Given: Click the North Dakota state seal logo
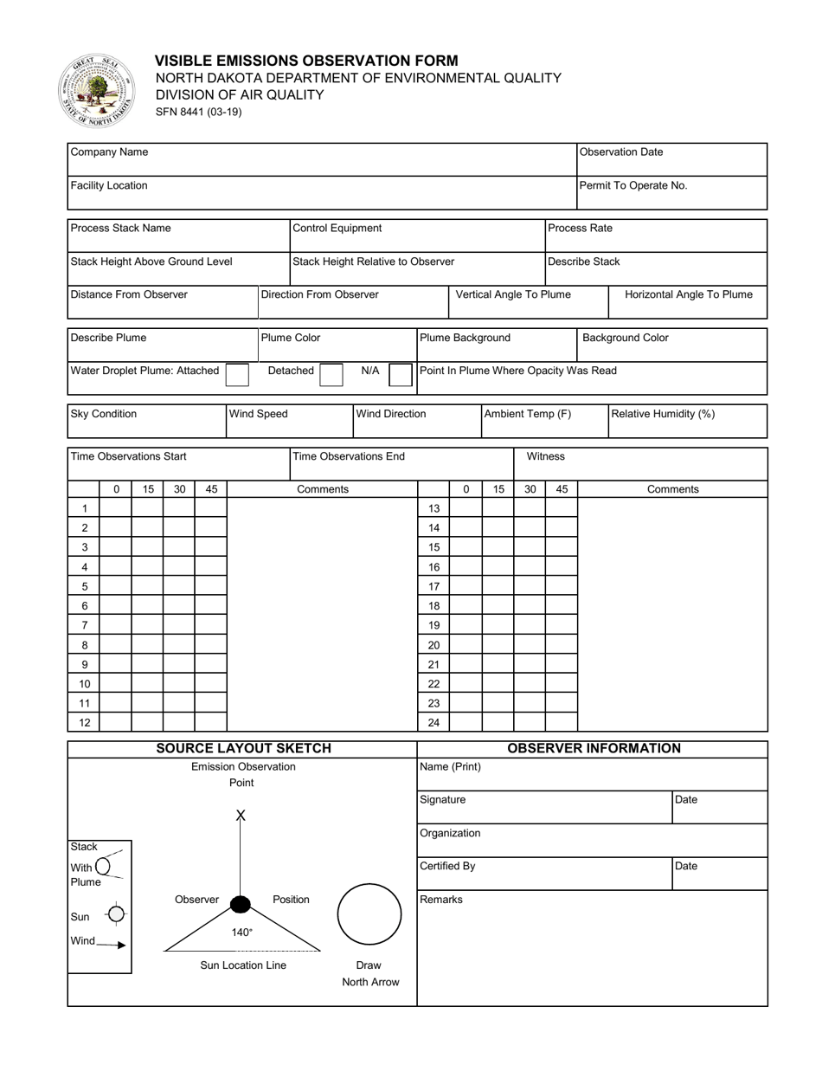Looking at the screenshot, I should [97, 92].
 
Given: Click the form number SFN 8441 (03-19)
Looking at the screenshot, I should [198, 112].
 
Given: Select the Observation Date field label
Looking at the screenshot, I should [621, 152].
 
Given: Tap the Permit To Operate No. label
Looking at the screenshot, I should [634, 185].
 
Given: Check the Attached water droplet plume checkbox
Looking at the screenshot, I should [237, 373].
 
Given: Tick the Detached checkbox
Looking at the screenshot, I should [331, 373].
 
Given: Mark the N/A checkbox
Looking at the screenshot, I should [401, 373].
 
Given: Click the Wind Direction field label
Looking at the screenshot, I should [391, 414].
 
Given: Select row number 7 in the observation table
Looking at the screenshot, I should [85, 625].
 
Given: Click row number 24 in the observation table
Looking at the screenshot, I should [434, 722].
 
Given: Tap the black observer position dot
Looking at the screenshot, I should [240, 905].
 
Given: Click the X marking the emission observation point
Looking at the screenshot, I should [241, 816].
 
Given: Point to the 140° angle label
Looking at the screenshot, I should [242, 933].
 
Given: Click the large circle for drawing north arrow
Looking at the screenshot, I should [369, 914].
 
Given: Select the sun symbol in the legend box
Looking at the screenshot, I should [116, 914].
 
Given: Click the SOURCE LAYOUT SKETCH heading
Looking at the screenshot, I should [243, 749].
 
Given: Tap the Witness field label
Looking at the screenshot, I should [545, 456].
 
